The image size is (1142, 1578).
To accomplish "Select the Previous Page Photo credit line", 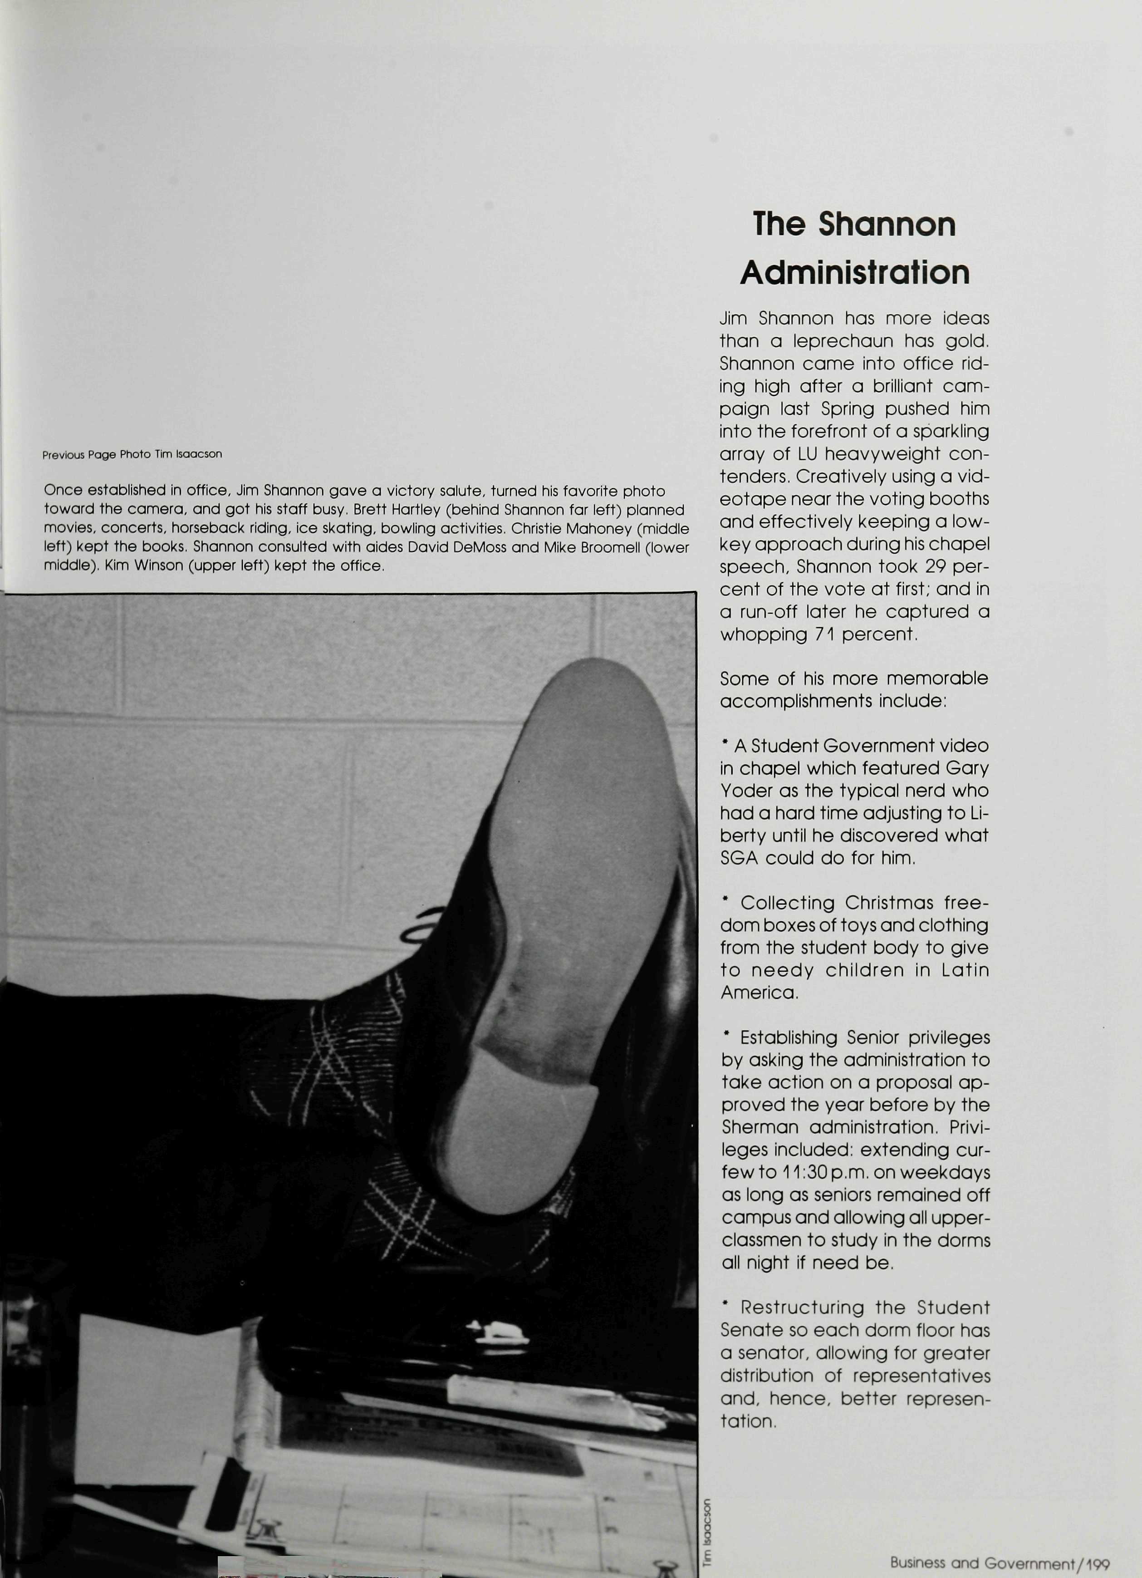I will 132,454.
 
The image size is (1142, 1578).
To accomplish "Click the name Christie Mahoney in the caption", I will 570,528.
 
